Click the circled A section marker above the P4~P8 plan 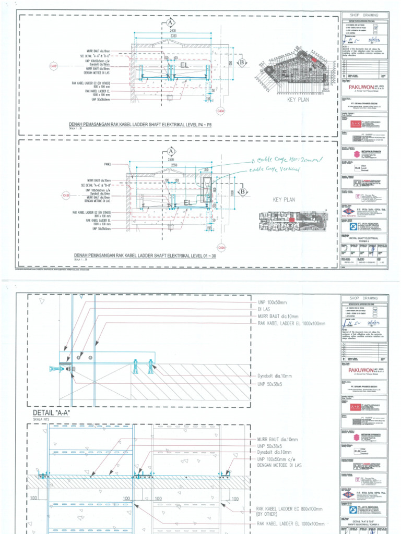click(x=170, y=23)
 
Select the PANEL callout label click(x=108, y=164)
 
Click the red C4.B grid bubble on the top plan click(x=53, y=66)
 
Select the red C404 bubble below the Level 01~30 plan click(x=221, y=247)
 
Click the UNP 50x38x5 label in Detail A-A click(x=269, y=383)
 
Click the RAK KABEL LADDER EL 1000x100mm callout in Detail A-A click(x=291, y=323)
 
